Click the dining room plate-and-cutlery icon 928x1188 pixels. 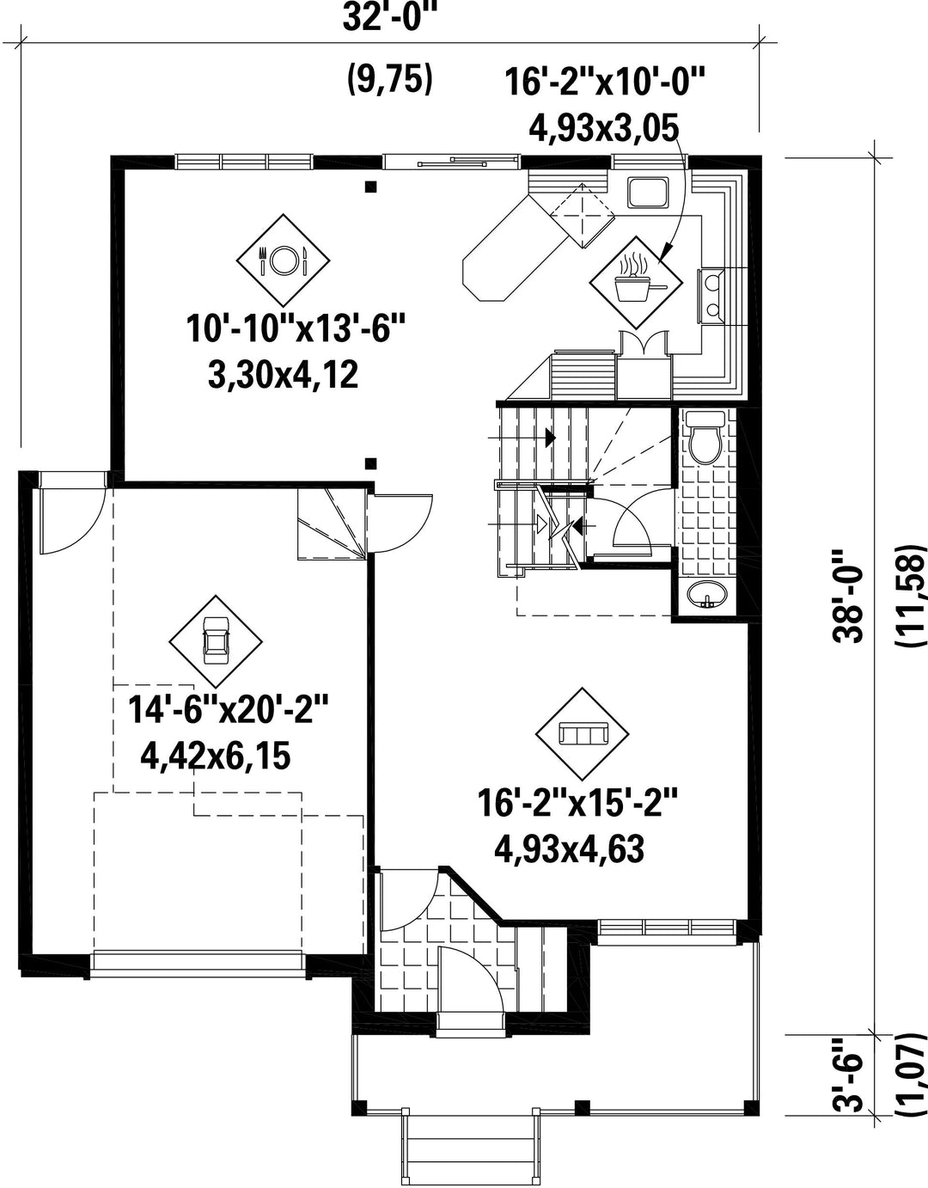283,260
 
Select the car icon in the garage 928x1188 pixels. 215,641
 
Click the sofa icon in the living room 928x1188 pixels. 583,733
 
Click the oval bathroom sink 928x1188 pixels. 707,594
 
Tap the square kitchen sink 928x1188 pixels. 648,193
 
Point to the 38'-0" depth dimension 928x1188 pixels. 847,595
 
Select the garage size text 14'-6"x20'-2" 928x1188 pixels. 228,709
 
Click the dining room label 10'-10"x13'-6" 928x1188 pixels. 296,328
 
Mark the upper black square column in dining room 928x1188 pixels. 371,187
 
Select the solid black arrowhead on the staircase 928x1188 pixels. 551,438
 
